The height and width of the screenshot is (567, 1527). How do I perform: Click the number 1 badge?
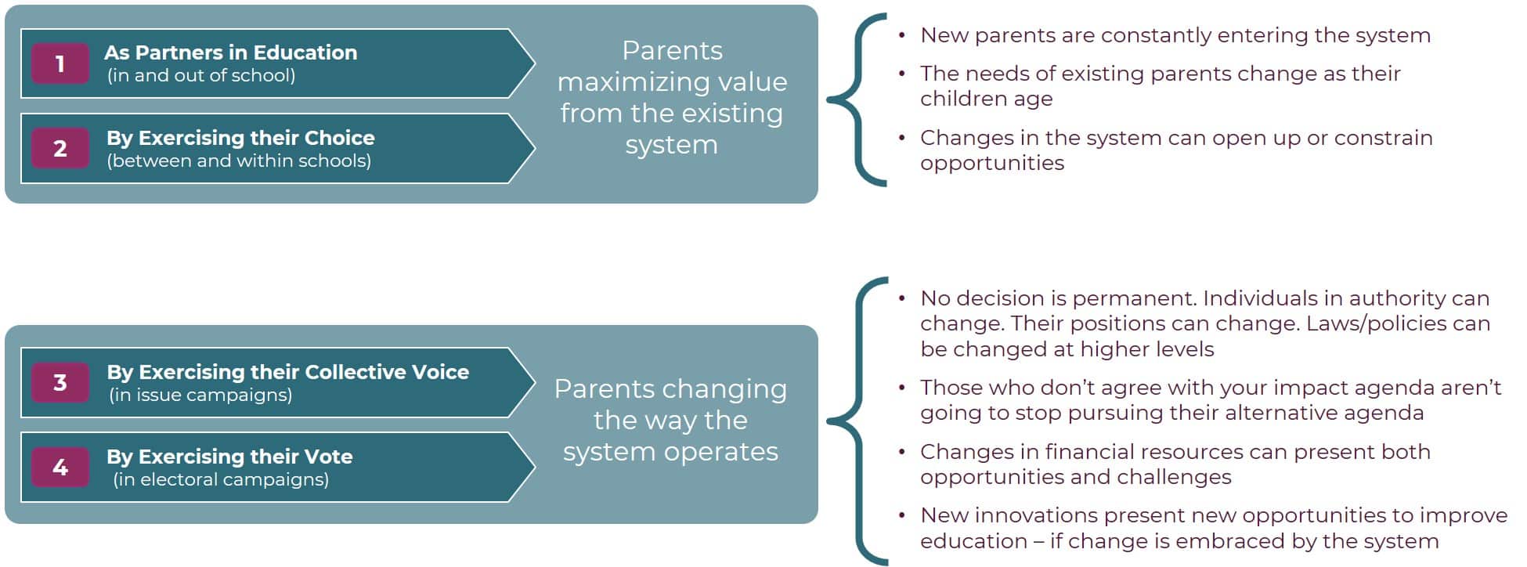[x=60, y=63]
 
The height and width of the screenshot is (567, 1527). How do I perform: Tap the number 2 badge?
[x=60, y=148]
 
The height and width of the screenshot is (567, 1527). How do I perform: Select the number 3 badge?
[x=60, y=382]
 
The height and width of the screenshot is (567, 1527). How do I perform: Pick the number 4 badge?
[x=60, y=467]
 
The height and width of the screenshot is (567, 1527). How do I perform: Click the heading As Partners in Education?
[x=231, y=52]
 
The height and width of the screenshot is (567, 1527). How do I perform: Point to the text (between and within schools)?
[x=239, y=161]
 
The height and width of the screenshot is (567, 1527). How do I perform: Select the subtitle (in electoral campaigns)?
[x=221, y=479]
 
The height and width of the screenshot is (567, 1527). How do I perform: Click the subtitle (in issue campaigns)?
[x=200, y=395]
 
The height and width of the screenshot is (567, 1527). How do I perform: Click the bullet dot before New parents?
[x=902, y=35]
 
